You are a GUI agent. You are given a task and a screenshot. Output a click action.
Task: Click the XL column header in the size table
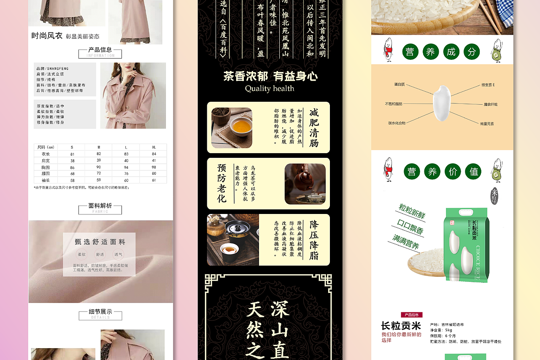click(x=154, y=147)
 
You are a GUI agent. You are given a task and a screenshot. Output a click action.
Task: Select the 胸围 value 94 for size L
click(x=126, y=167)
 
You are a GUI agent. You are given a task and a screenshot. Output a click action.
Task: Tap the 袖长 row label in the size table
click(x=46, y=180)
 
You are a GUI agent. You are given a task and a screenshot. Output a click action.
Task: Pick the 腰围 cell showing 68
click(x=73, y=173)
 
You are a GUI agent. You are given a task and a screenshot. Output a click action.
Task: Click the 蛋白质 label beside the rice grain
click(x=399, y=84)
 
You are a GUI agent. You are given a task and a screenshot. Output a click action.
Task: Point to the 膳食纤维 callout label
click(x=490, y=104)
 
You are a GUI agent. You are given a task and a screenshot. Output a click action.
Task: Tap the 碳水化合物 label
click(x=397, y=123)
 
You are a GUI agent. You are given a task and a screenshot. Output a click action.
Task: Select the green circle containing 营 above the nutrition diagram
click(x=410, y=52)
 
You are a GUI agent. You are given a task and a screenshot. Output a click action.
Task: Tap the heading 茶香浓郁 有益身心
click(x=270, y=76)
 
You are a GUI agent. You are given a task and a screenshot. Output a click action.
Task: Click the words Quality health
click(x=270, y=89)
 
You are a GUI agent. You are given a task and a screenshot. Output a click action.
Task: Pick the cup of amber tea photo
click(x=232, y=127)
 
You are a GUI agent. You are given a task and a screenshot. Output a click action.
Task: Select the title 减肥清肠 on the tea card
click(x=314, y=127)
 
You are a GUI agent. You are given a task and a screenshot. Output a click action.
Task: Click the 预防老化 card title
click(x=222, y=183)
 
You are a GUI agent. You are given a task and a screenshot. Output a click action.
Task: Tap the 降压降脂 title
click(x=314, y=240)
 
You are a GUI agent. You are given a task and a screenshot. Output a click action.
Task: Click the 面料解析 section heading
click(x=100, y=206)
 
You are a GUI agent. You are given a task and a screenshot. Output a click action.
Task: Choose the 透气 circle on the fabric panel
click(x=119, y=254)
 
